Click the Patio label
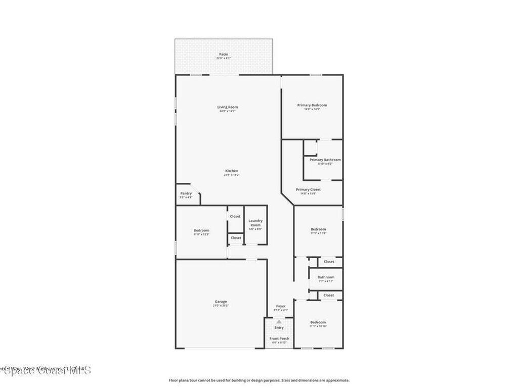pyautogui.click(x=223, y=55)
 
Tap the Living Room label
pyautogui.click(x=228, y=107)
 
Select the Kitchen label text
pyautogui.click(x=231, y=171)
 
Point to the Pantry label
pyautogui.click(x=186, y=193)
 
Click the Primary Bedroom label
pyautogui.click(x=312, y=105)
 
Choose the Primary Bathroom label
pyautogui.click(x=325, y=160)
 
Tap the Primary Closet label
pyautogui.click(x=308, y=189)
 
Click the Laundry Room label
pyautogui.click(x=255, y=223)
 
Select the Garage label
pyautogui.click(x=221, y=302)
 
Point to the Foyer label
pyautogui.click(x=281, y=306)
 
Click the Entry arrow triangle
pyautogui.click(x=279, y=321)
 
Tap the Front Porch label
pyautogui.click(x=279, y=338)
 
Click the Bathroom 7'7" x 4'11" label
pyautogui.click(x=326, y=277)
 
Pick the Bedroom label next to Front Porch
pyautogui.click(x=318, y=322)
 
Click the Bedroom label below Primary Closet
pyautogui.click(x=318, y=229)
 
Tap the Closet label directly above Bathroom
pyautogui.click(x=329, y=262)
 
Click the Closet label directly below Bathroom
pyautogui.click(x=329, y=295)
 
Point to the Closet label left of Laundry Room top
pyautogui.click(x=235, y=216)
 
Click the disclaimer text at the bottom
pyautogui.click(x=258, y=380)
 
